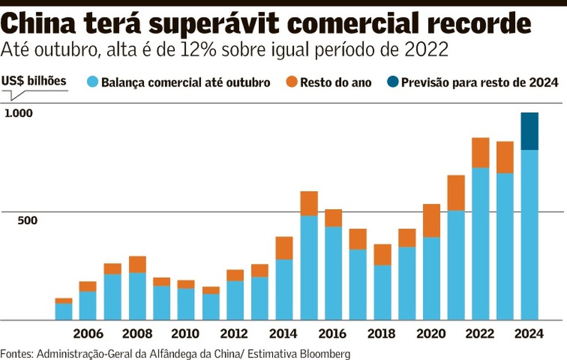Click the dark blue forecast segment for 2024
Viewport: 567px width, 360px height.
530,131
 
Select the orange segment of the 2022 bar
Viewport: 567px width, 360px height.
481,153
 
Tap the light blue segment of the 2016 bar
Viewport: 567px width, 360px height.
333,273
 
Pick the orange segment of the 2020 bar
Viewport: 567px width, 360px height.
432,221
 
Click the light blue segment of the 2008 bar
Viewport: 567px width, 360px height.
137,296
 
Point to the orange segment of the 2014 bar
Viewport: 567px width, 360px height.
284,248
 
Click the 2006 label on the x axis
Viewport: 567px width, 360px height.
88,334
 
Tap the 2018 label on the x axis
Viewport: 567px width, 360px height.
382,334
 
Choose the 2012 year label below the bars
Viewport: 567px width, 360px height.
235,334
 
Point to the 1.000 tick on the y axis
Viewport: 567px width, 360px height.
19,113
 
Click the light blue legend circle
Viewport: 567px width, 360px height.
92,82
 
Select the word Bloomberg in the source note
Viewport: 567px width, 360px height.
326,353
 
